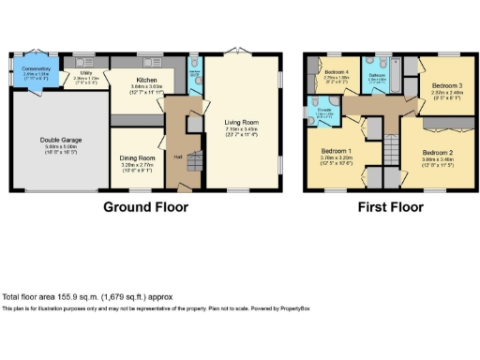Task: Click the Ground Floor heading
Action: (144, 207)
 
